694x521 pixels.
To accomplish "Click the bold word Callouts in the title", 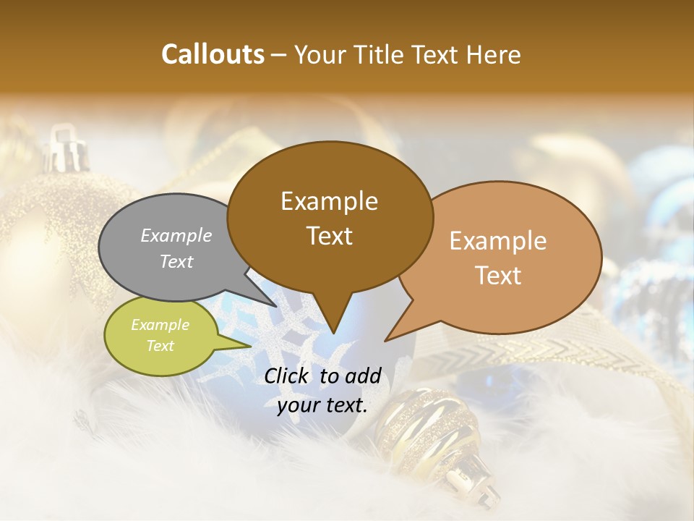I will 213,54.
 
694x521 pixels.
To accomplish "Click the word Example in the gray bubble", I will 176,236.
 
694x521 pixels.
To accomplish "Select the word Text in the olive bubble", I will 160,346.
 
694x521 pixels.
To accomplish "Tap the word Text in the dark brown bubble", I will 330,236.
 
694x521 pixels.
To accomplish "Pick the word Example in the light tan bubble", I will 498,241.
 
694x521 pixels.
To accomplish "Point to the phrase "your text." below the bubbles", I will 322,405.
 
